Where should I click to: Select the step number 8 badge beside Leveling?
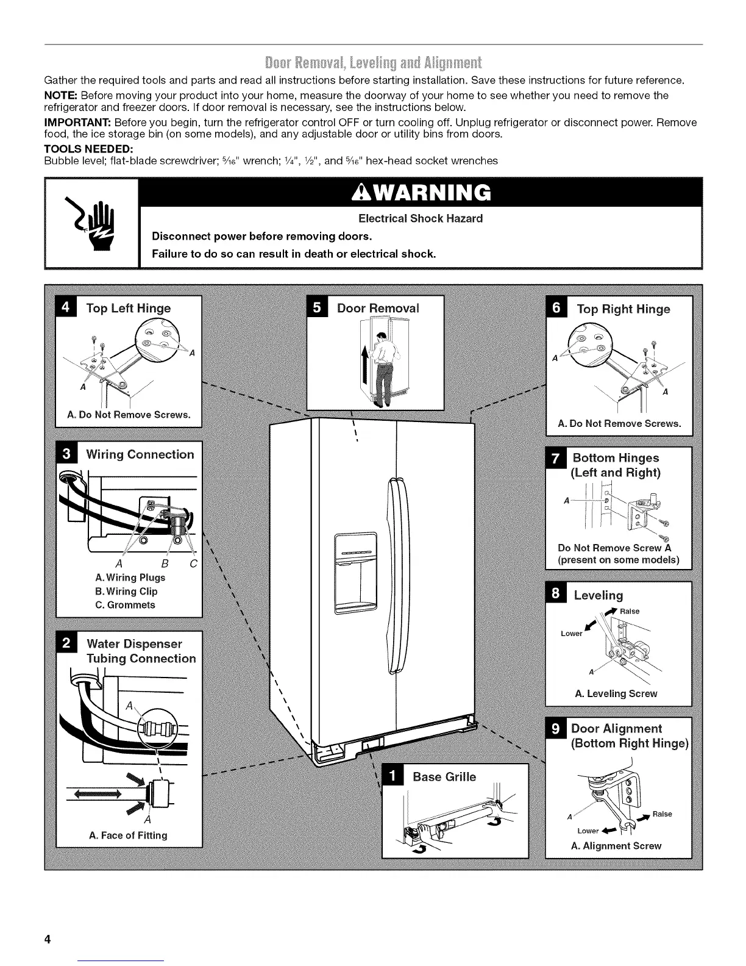tap(555, 595)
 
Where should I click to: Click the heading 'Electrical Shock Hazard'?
tap(421, 218)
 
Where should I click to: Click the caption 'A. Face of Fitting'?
tap(128, 835)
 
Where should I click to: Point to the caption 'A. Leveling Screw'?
tap(616, 693)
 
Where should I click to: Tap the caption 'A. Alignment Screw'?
tap(616, 846)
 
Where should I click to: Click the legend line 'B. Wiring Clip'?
tap(126, 591)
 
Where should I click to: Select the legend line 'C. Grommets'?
tap(125, 605)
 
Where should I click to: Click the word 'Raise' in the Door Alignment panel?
tap(662, 814)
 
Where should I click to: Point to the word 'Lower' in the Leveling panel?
tap(572, 633)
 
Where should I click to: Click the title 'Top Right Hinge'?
tap(623, 309)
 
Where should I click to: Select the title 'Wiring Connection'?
tap(140, 454)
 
